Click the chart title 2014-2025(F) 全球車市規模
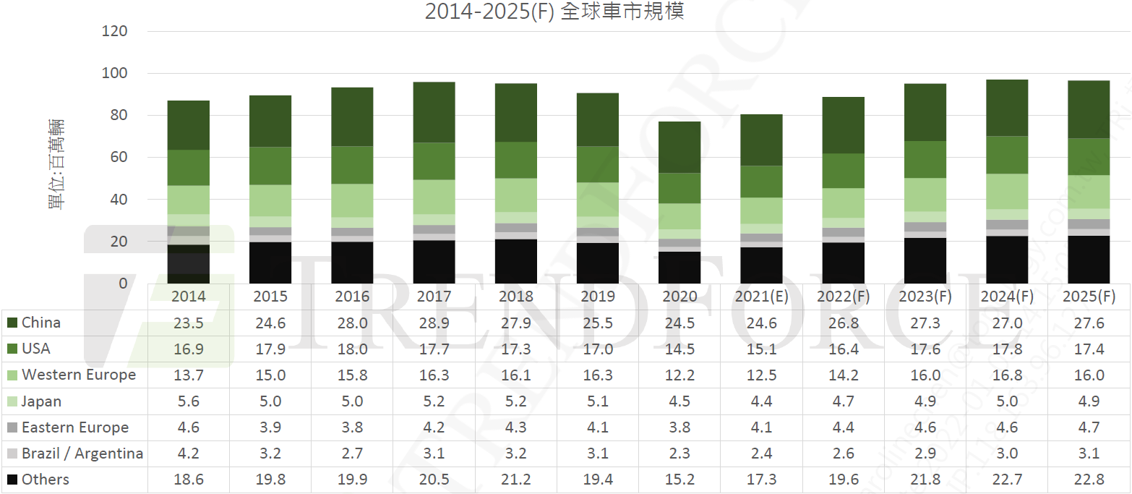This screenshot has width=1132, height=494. [x=554, y=12]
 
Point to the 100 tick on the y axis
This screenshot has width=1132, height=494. [x=115, y=74]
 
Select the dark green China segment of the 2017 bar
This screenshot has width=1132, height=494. [x=434, y=112]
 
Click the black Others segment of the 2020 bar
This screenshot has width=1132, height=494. [x=679, y=267]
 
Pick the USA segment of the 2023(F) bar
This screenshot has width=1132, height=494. [x=925, y=159]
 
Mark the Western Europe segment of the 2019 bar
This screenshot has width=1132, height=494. [x=598, y=199]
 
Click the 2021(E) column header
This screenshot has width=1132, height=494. [x=762, y=297]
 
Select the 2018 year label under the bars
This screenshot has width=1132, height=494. [x=516, y=297]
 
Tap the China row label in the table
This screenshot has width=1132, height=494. [x=41, y=323]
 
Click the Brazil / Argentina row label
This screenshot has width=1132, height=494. [x=82, y=453]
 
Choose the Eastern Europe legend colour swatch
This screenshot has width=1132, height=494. [x=12, y=427]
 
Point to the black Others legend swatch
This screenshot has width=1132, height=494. [x=12, y=480]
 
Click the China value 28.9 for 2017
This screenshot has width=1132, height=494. [x=434, y=323]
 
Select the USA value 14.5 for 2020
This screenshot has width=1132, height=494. [x=679, y=349]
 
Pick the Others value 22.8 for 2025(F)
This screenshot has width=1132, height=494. [x=1089, y=480]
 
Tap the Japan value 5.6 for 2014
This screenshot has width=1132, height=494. [x=188, y=401]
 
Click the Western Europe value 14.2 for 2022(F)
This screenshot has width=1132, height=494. [x=844, y=375]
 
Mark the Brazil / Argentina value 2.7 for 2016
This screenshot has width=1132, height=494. [x=352, y=453]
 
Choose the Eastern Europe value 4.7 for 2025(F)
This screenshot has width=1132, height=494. [x=1089, y=427]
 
